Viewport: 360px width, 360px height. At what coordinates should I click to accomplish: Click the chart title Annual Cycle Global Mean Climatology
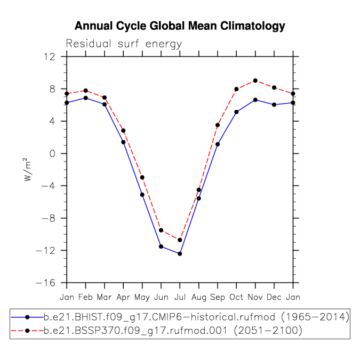[x=180, y=26]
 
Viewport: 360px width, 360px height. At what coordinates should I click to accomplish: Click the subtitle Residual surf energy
[x=124, y=44]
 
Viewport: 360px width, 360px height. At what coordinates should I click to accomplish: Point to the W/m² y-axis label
[x=27, y=170]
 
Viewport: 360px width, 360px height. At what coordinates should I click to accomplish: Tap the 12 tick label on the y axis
[x=50, y=57]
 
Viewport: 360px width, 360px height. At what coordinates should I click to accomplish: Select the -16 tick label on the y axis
[x=45, y=283]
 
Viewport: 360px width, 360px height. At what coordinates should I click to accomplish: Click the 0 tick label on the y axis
[x=52, y=154]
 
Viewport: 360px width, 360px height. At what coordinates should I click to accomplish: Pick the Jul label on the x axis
[x=180, y=297]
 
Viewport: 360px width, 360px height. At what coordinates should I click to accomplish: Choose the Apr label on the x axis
[x=123, y=298]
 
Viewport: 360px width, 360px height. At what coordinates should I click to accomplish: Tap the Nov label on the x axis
[x=255, y=297]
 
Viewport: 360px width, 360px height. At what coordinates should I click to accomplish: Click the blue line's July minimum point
[x=180, y=254]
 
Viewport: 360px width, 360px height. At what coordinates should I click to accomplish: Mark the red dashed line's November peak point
[x=255, y=81]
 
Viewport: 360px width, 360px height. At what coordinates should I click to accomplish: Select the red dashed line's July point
[x=180, y=240]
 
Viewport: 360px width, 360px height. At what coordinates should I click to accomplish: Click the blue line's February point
[x=86, y=98]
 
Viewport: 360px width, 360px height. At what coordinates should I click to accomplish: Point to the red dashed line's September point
[x=218, y=125]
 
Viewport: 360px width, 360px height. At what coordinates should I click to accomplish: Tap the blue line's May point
[x=142, y=195]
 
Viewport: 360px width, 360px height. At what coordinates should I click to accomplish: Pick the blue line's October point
[x=236, y=112]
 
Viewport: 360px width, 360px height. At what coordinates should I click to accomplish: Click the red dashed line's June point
[x=161, y=230]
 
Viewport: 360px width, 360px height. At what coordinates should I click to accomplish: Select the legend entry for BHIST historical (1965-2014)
[x=180, y=317]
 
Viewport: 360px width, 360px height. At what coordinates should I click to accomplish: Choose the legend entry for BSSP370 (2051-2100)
[x=157, y=331]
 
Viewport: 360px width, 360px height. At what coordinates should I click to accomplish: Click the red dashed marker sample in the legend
[x=27, y=331]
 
